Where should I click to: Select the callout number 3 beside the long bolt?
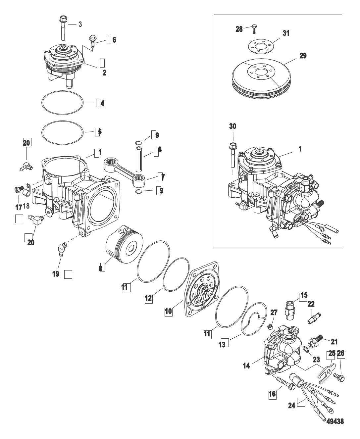(x=80, y=24)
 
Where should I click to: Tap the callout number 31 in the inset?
(x=286, y=33)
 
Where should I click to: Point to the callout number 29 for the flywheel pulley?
(x=303, y=56)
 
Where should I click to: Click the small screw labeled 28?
(x=254, y=29)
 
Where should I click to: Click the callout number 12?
(x=148, y=298)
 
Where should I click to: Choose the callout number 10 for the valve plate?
(x=168, y=311)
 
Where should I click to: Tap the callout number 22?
(x=311, y=304)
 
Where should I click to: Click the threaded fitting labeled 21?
(x=315, y=341)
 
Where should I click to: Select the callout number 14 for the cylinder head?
(x=246, y=365)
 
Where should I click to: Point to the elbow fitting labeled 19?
(x=62, y=249)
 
